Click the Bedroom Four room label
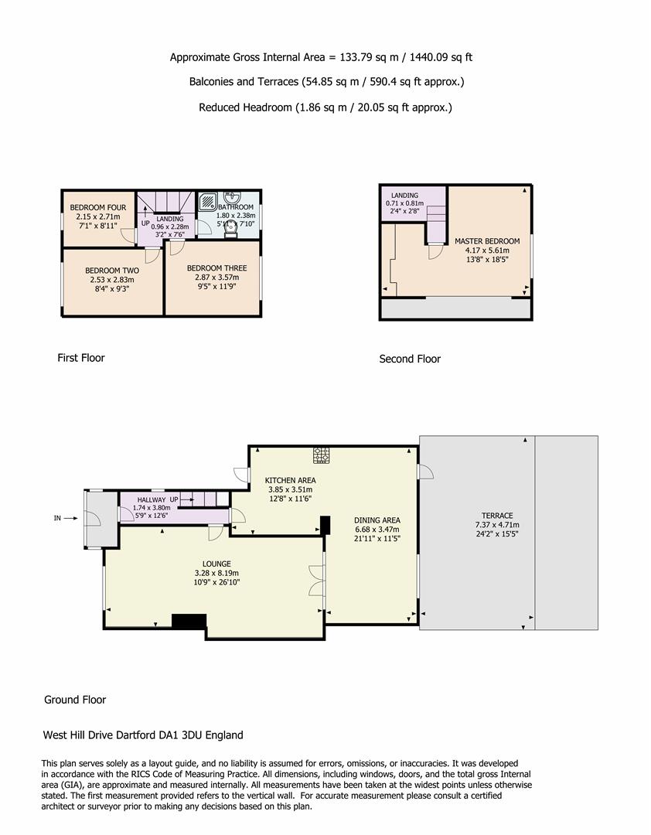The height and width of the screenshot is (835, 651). tap(98, 208)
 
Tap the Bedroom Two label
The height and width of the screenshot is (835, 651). tap(112, 271)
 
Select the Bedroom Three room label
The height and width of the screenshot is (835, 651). tap(216, 268)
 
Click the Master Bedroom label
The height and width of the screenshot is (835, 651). tap(487, 241)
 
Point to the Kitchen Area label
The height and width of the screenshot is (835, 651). tap(291, 480)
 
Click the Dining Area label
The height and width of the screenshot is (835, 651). tap(377, 520)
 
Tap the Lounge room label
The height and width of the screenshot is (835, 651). tap(216, 564)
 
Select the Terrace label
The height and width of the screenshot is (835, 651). tap(497, 516)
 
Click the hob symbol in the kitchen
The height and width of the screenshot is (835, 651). tap(321, 455)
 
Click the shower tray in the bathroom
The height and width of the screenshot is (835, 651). tap(208, 202)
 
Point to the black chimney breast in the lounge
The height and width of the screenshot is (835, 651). tap(189, 622)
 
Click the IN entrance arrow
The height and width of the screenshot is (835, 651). tap(71, 517)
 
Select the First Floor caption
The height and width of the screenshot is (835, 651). tap(81, 358)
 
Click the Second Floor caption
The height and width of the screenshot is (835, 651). tap(410, 359)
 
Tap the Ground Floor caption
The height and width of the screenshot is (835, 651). tap(74, 700)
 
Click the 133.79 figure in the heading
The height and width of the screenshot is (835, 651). tap(356, 57)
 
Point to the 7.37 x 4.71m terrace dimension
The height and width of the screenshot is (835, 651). tap(497, 524)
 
